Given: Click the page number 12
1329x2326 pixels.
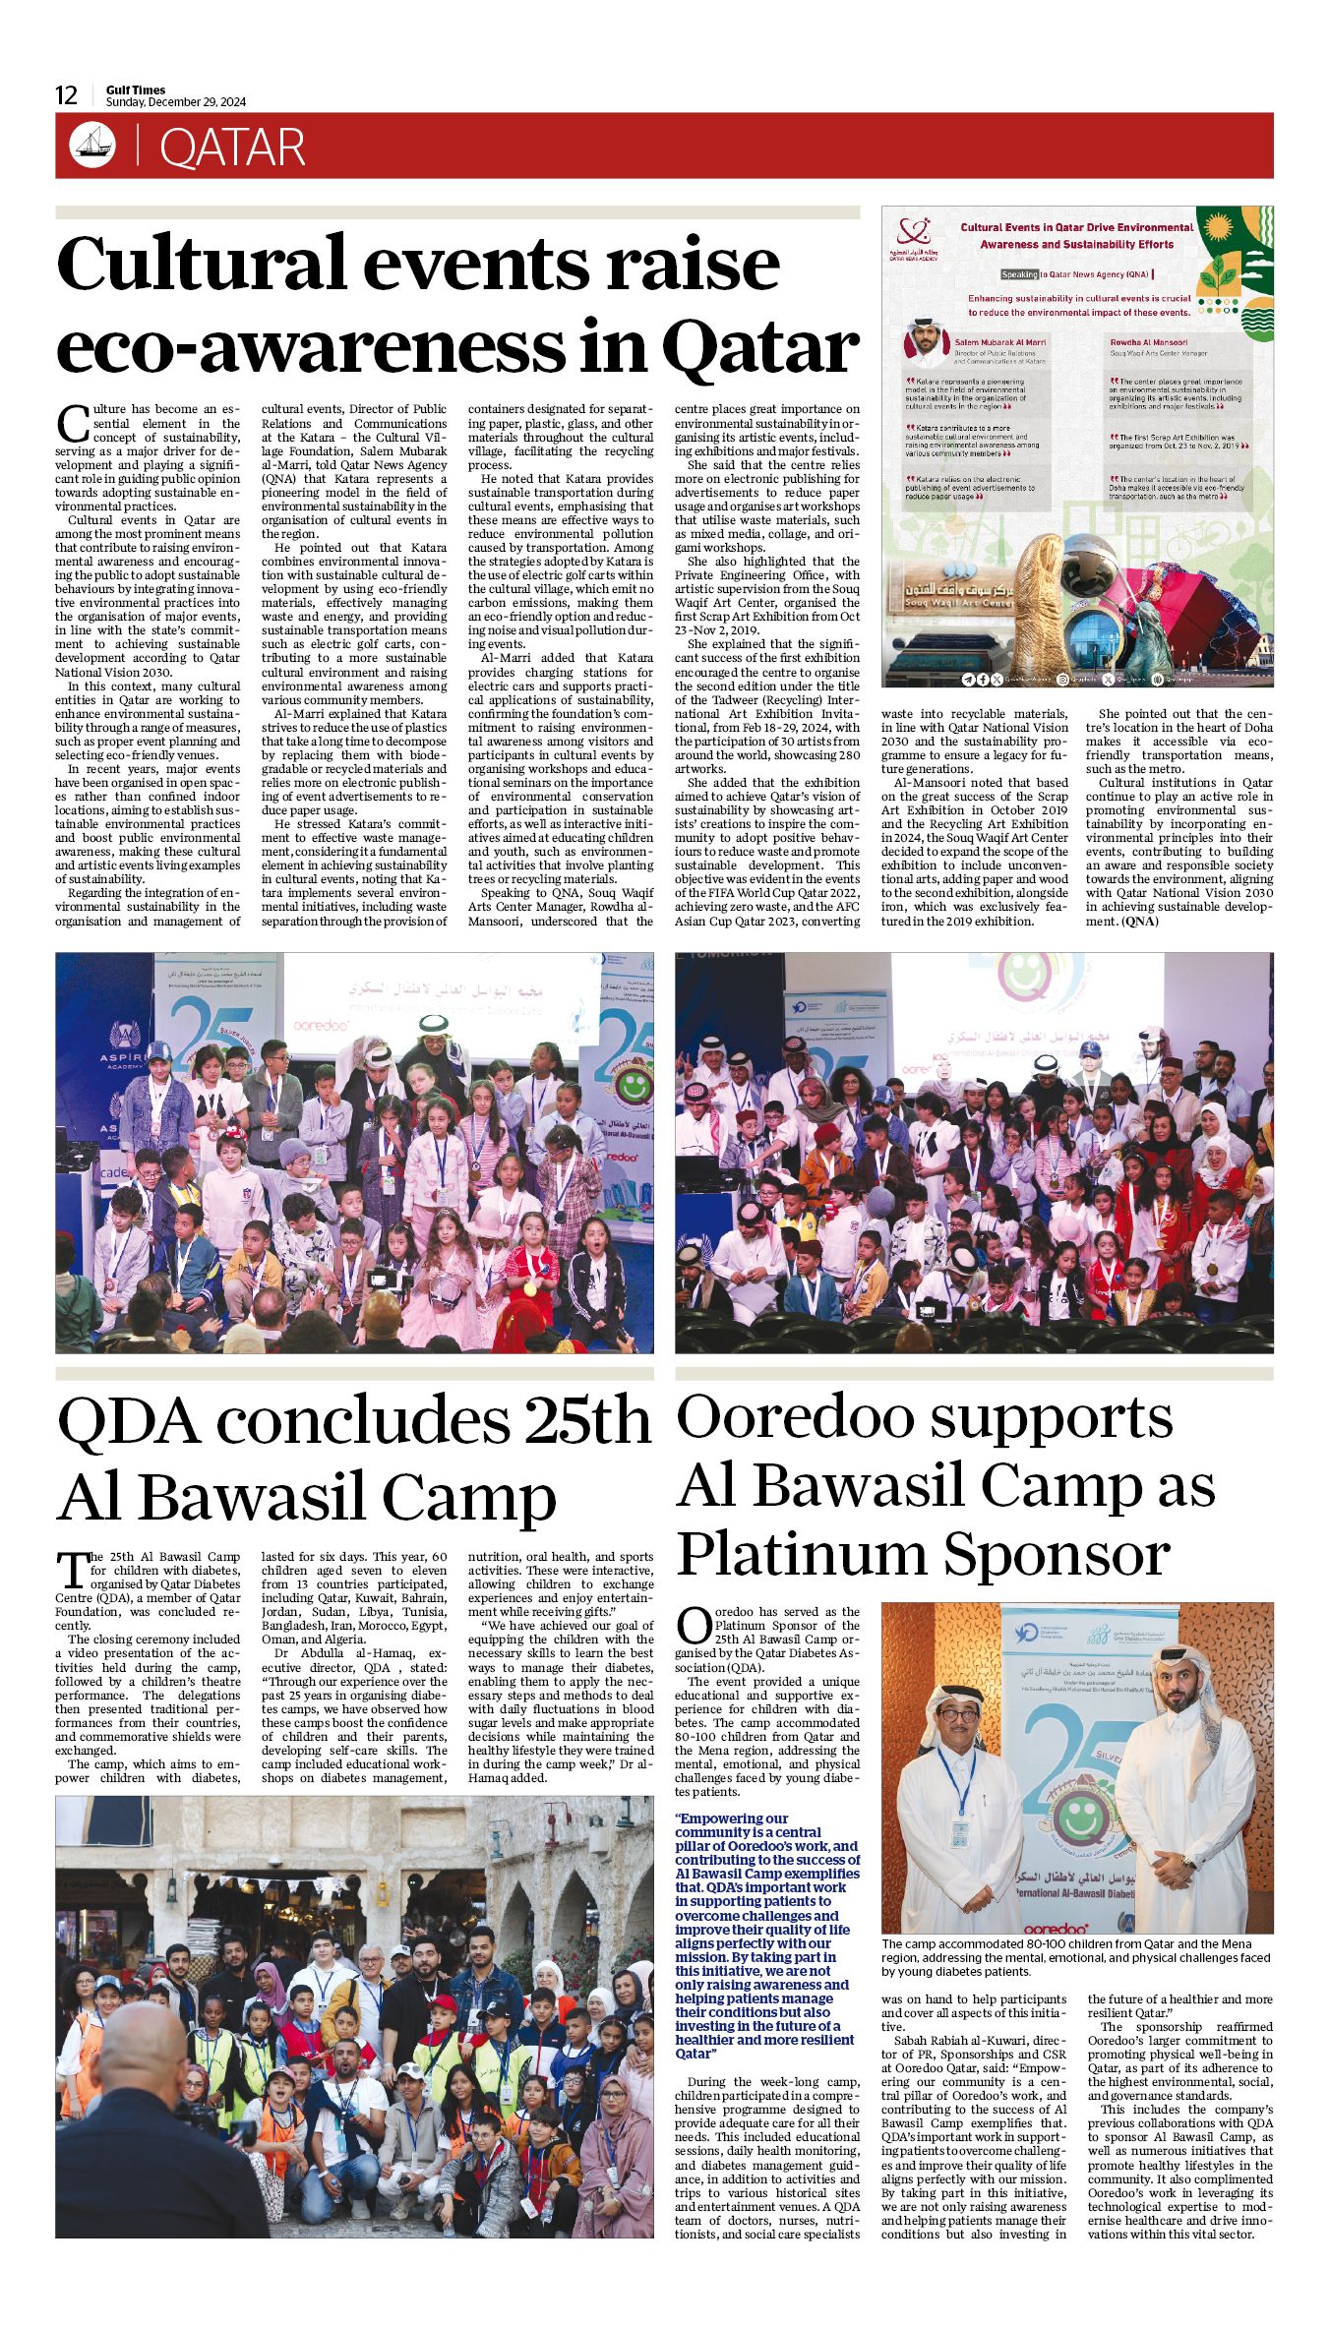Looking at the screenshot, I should (x=66, y=95).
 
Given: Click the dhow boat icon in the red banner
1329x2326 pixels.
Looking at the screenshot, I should (x=92, y=146).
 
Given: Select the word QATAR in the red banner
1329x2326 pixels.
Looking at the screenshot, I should (x=232, y=148).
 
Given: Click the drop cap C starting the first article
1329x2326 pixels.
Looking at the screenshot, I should (x=73, y=424).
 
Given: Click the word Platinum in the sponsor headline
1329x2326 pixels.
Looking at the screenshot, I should (x=802, y=1556).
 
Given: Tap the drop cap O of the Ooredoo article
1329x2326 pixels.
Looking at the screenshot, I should (x=695, y=1626).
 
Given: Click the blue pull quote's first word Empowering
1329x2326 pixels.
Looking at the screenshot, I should (x=719, y=1819).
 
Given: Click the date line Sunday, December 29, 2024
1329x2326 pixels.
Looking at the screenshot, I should (x=176, y=102).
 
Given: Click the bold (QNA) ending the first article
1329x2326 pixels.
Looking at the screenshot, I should (x=1139, y=922).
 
